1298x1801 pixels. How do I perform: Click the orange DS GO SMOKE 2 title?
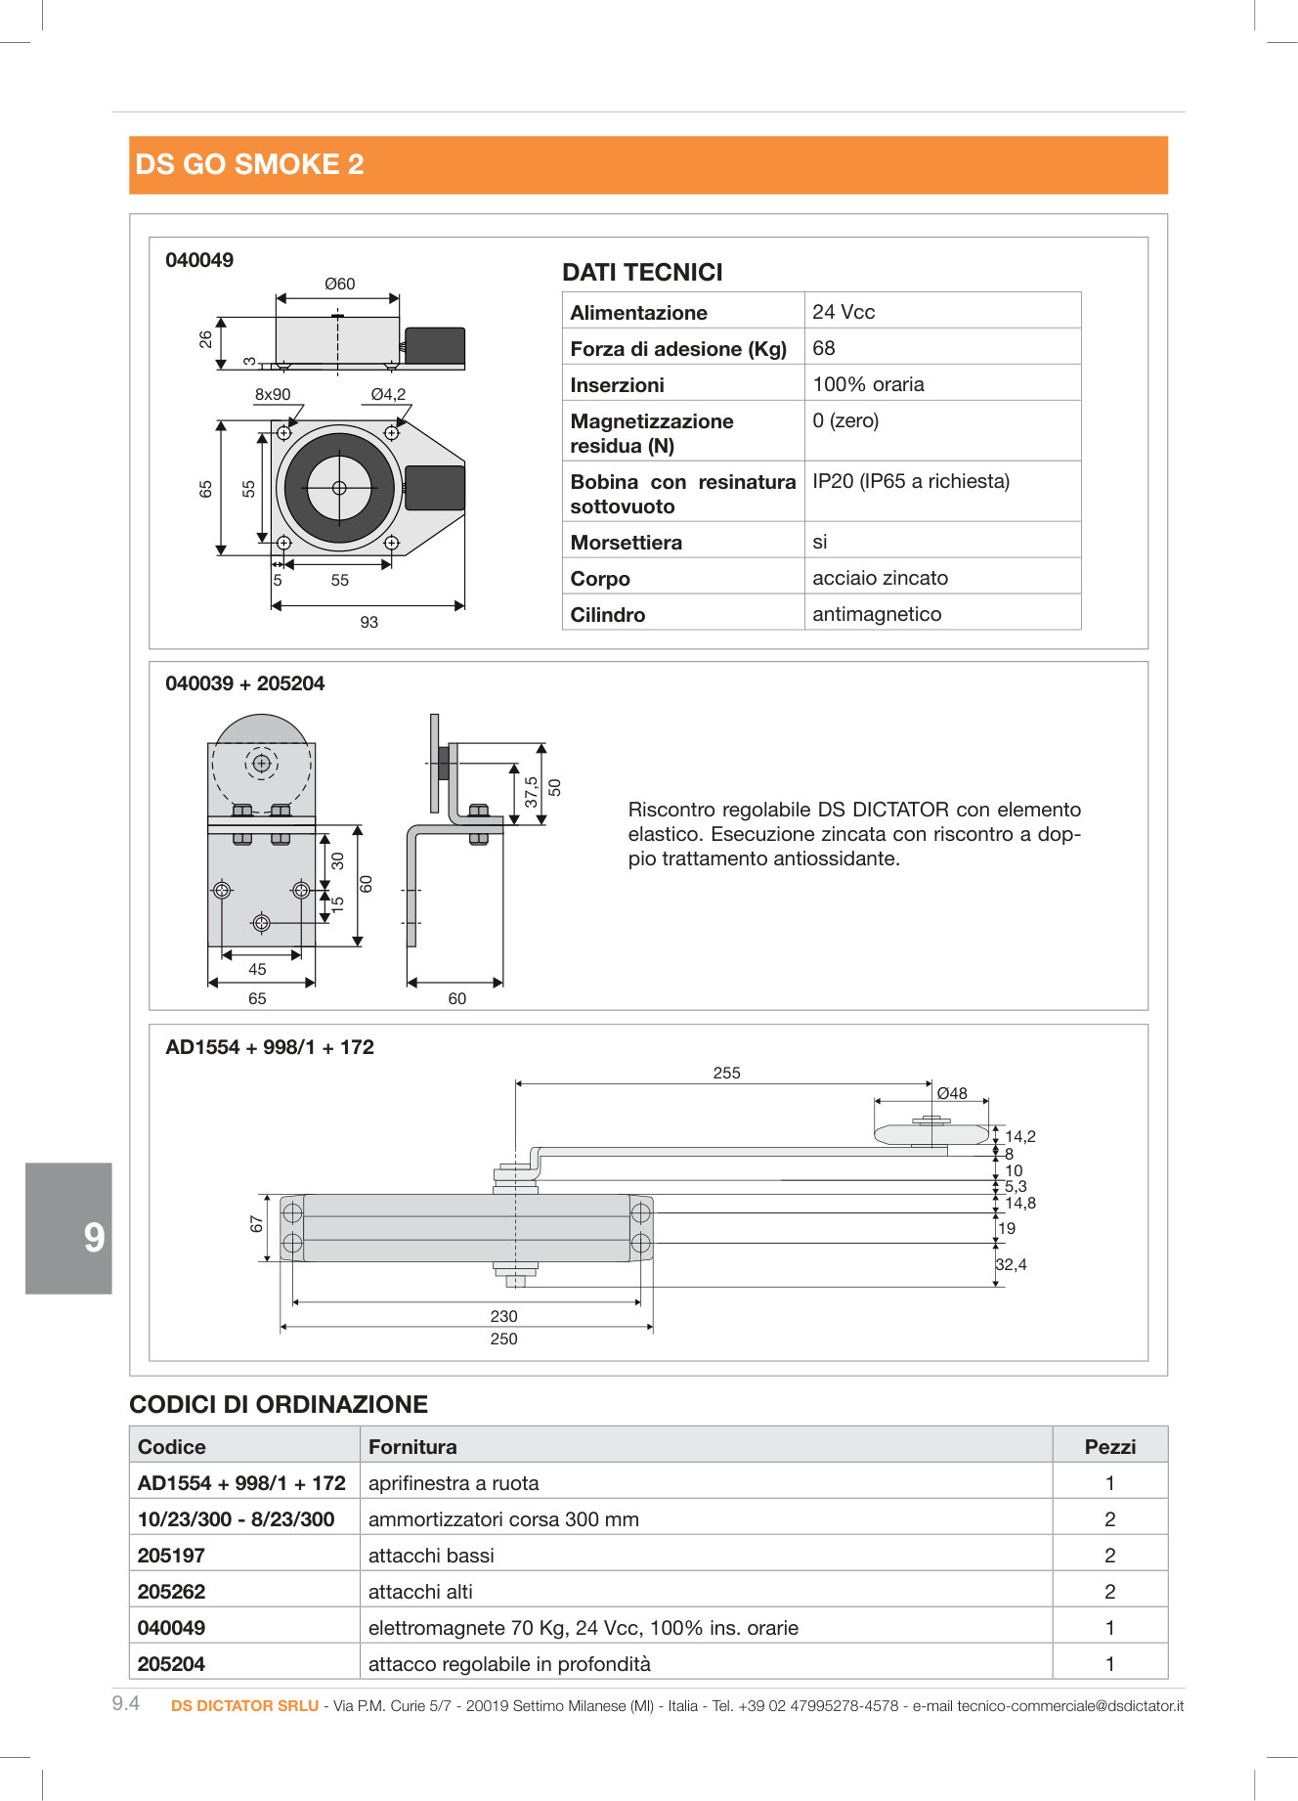pyautogui.click(x=249, y=164)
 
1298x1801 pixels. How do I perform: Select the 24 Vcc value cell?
pyautogui.click(x=843, y=312)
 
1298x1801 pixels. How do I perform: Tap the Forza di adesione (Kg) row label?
pyautogui.click(x=678, y=349)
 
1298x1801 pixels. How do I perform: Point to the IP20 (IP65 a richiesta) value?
pyautogui.click(x=910, y=481)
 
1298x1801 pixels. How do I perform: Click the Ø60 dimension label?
pyautogui.click(x=339, y=284)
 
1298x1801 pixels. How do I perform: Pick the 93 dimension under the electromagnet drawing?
pyautogui.click(x=368, y=622)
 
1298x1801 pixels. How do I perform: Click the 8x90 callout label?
pyautogui.click(x=273, y=394)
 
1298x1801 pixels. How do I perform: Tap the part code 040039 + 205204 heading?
pyautogui.click(x=244, y=683)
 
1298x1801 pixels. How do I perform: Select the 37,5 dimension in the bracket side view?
pyautogui.click(x=531, y=792)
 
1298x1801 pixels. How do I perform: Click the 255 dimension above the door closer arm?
pyautogui.click(x=726, y=1073)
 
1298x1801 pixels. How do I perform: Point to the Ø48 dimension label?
pyautogui.click(x=951, y=1093)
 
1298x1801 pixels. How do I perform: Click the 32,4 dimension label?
pyautogui.click(x=1011, y=1264)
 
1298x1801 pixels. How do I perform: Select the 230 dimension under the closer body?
pyautogui.click(x=503, y=1316)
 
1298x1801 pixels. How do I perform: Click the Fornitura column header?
pyautogui.click(x=412, y=1447)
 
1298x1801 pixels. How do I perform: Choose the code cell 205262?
pyautogui.click(x=172, y=1592)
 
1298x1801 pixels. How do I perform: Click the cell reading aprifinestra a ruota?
pyautogui.click(x=454, y=1483)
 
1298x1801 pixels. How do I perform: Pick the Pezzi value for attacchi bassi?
pyautogui.click(x=1109, y=1556)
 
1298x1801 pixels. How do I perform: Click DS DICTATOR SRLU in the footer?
pyautogui.click(x=244, y=1706)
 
